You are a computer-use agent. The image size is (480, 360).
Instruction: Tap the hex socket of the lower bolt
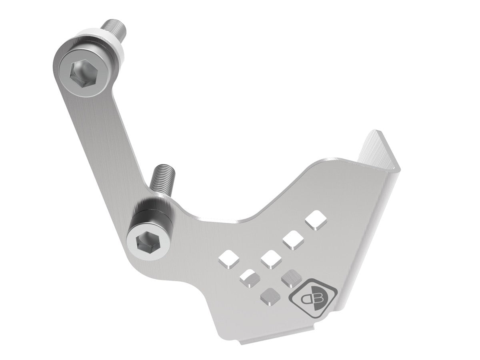click(x=144, y=242)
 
